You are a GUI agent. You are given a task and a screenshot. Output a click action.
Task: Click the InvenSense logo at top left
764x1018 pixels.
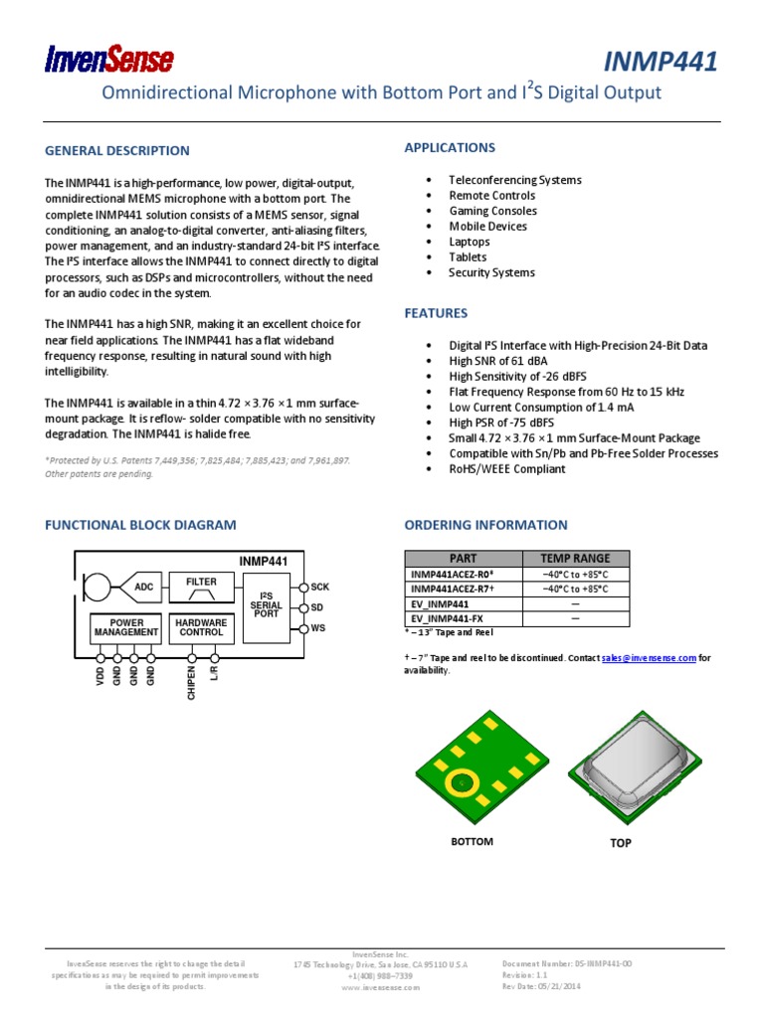(108, 61)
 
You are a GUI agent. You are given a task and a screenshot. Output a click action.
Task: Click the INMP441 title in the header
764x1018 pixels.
(661, 62)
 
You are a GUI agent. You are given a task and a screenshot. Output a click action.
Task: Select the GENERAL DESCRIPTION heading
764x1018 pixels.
(116, 151)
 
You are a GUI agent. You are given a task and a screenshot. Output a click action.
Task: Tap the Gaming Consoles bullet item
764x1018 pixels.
(492, 211)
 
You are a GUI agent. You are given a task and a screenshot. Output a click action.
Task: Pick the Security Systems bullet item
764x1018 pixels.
(491, 272)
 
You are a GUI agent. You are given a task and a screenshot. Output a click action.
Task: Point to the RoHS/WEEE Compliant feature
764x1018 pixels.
(506, 469)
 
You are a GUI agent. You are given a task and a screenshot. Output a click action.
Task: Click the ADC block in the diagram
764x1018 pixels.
(144, 588)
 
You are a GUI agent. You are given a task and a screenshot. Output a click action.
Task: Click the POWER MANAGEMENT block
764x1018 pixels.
(126, 627)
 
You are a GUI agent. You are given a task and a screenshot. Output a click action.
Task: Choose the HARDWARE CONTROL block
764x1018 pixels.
(201, 627)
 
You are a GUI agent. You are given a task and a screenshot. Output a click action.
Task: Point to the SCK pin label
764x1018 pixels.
(319, 587)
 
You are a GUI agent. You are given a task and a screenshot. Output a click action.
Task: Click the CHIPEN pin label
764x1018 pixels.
(192, 683)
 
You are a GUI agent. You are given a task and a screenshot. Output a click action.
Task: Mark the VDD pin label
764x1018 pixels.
(99, 677)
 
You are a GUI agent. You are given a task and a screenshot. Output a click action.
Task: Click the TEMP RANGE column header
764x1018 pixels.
(575, 558)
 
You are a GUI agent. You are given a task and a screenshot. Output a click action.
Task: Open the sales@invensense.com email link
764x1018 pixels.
(649, 658)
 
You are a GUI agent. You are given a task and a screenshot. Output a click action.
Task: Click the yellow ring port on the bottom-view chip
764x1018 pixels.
(462, 782)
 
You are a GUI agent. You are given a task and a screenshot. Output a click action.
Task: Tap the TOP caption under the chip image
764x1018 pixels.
(620, 843)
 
